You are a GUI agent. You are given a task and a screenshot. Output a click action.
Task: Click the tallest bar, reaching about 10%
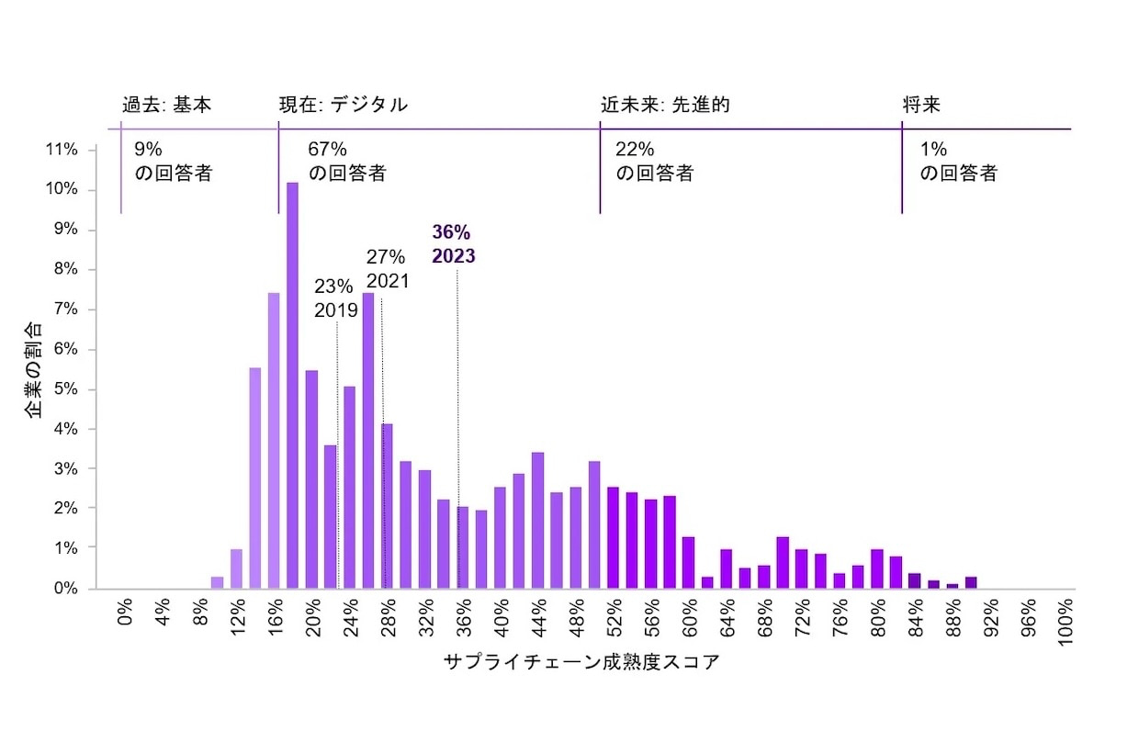[x=292, y=386]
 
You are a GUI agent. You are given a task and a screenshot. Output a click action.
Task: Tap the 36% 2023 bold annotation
[x=454, y=244]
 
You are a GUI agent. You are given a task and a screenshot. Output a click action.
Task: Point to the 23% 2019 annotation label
[x=336, y=298]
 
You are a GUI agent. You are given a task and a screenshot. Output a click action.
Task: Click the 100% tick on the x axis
[x=1066, y=623]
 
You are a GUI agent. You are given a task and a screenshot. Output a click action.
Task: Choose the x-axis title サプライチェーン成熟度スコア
[x=581, y=662]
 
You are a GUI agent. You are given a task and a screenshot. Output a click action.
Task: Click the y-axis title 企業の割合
[x=34, y=369]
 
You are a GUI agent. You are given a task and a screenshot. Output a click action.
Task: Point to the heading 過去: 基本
[x=167, y=105]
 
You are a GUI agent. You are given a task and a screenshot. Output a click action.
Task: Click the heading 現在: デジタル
[x=344, y=105]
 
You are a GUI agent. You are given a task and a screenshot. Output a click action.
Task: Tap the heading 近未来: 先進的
[x=665, y=105]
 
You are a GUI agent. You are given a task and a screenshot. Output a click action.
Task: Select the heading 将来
[x=921, y=105]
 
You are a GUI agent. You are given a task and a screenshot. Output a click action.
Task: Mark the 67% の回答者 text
[x=347, y=161]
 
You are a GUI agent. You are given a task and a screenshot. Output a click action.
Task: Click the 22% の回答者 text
[x=654, y=161]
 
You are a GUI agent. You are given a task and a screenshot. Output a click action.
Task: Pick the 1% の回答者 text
[x=958, y=161]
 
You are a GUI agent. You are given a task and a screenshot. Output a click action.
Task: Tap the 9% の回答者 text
[x=173, y=161]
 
